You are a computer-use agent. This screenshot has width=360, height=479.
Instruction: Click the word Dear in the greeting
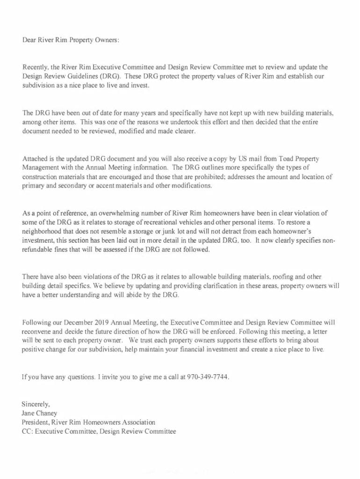pyautogui.click(x=29, y=40)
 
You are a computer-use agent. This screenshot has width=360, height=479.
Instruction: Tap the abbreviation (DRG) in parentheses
pyautogui.click(x=110, y=76)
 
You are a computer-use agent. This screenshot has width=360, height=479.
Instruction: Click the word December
pyautogui.click(x=79, y=322)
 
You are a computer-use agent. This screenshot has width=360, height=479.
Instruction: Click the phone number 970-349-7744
pyautogui.click(x=208, y=377)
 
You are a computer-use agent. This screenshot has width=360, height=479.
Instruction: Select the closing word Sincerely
pyautogui.click(x=36, y=404)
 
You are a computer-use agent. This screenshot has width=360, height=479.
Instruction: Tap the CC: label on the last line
pyautogui.click(x=27, y=431)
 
